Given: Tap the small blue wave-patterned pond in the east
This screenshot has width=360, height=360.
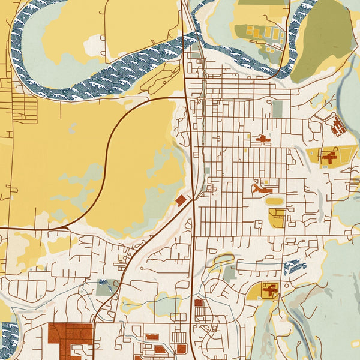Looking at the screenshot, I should pos(295,266).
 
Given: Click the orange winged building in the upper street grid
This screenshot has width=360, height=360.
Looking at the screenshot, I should pos(262,139).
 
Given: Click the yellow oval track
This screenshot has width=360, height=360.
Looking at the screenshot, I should pos(274,201).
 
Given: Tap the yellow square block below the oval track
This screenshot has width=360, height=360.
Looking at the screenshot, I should pos(276,218).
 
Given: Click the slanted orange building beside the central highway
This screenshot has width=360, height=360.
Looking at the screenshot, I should pos(180,200).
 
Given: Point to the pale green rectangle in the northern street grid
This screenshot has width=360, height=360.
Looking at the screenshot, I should pos(277,108).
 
